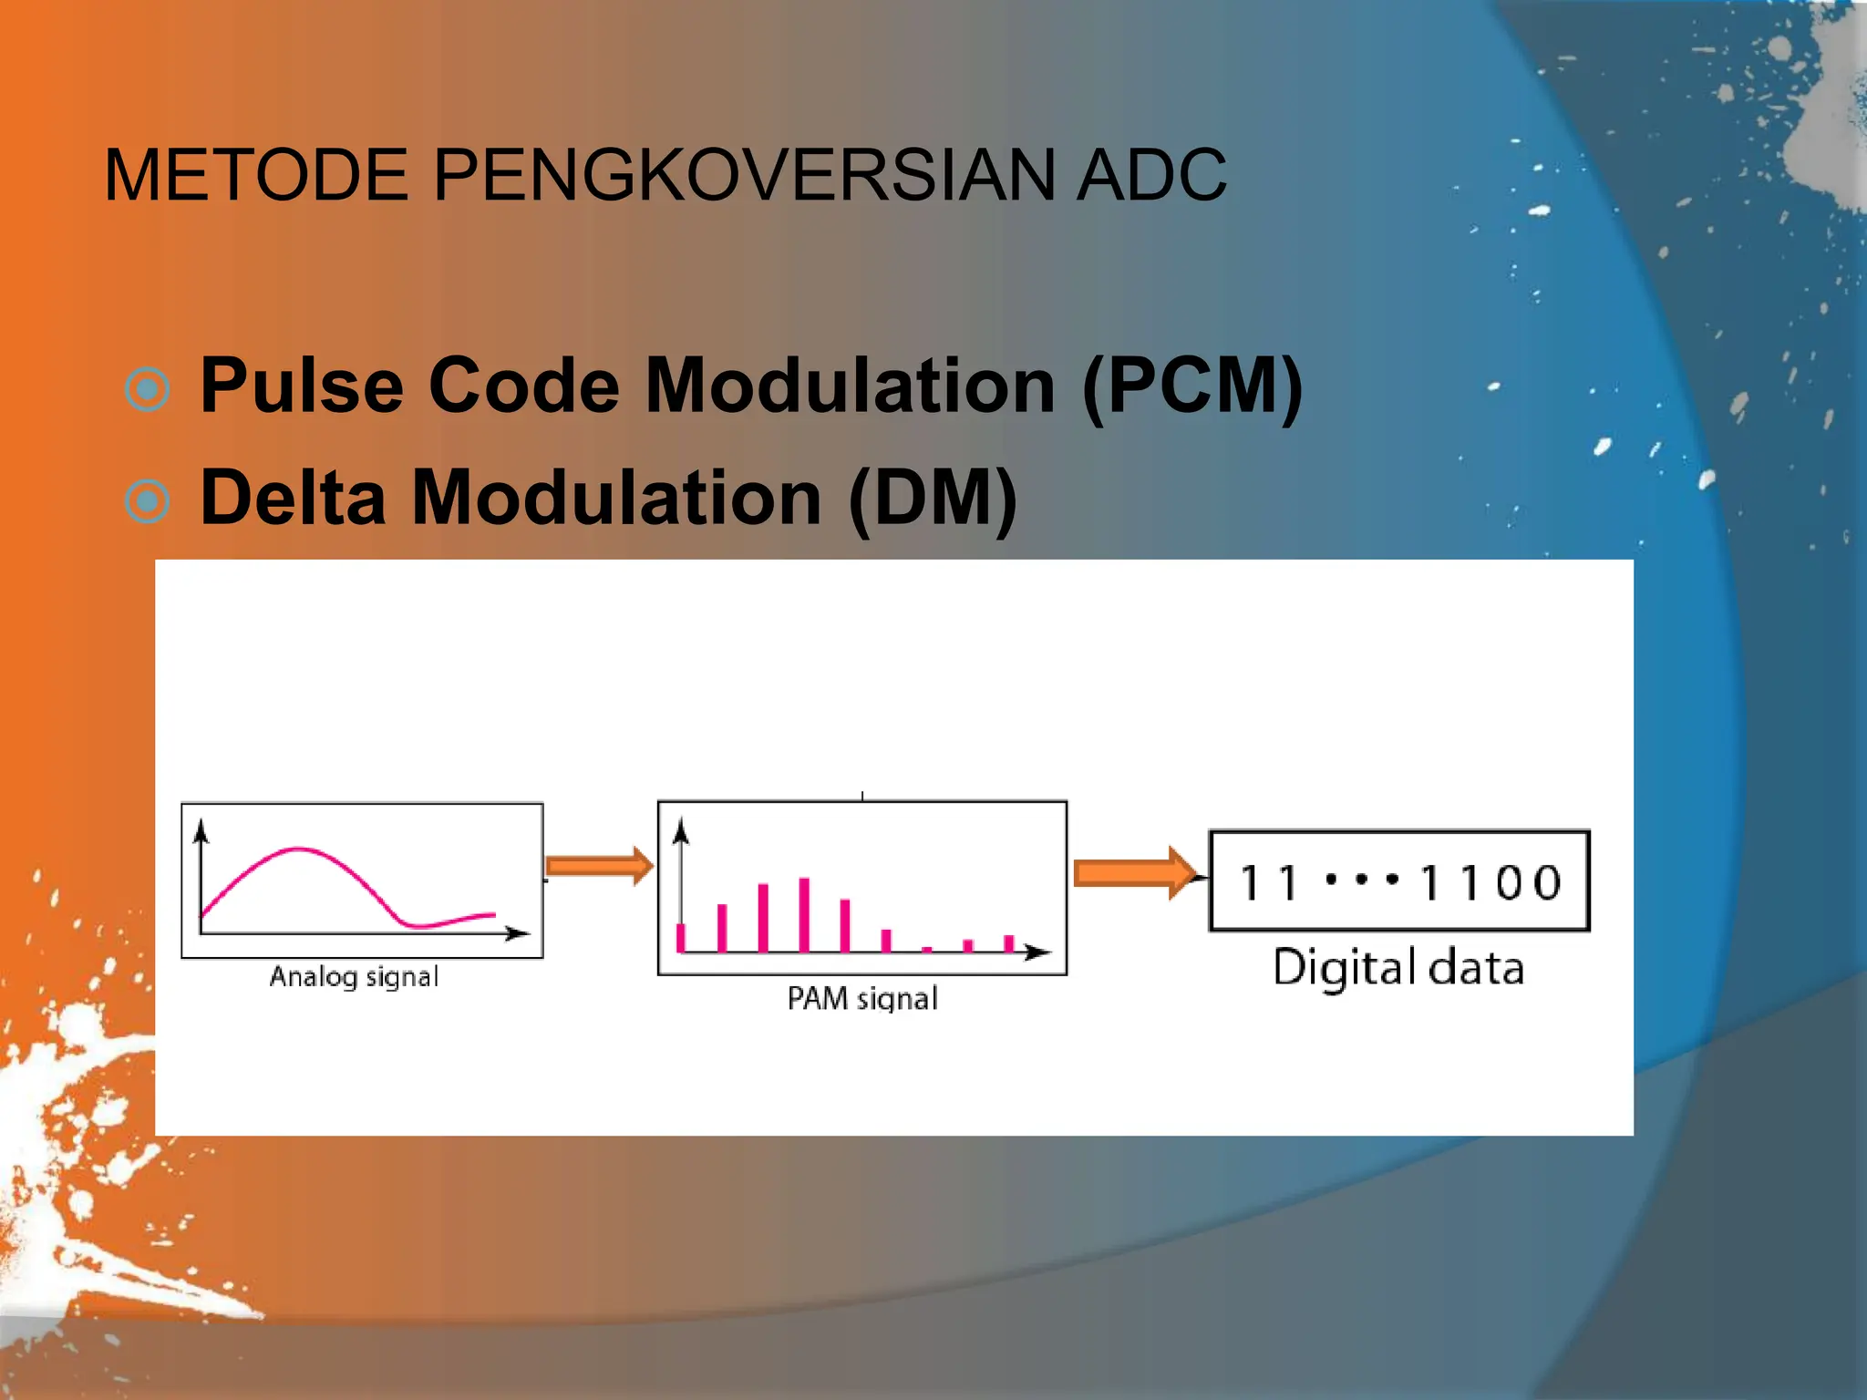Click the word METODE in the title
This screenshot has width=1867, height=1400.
click(256, 175)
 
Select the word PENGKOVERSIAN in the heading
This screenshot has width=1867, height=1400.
click(744, 175)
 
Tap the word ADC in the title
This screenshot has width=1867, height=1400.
click(1150, 175)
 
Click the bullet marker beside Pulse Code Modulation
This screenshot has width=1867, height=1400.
click(147, 390)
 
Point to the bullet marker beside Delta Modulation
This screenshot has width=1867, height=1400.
click(147, 501)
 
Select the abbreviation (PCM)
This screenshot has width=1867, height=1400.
click(1192, 386)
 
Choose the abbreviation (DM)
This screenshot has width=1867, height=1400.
click(933, 499)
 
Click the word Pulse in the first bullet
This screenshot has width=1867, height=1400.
click(302, 386)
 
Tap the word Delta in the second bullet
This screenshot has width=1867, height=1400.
click(293, 499)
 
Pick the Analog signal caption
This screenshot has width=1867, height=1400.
click(354, 977)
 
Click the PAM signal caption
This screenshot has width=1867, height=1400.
click(861, 999)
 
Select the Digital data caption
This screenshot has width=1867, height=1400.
click(1398, 968)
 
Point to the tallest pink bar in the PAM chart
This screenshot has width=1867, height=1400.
click(804, 914)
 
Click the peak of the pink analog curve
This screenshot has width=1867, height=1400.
click(299, 849)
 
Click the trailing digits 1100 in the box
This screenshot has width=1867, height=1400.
click(1490, 882)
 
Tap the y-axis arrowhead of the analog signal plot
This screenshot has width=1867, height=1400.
click(201, 829)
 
